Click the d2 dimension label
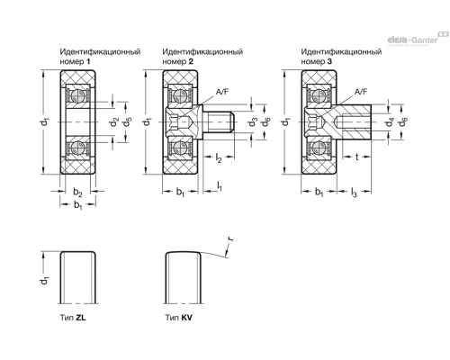click(x=114, y=122)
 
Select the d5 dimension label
click(x=128, y=122)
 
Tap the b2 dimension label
click(x=77, y=192)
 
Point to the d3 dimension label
click(x=254, y=122)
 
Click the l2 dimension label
click(x=219, y=157)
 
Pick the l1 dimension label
click(x=220, y=186)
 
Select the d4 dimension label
click(x=390, y=122)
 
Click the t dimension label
click(x=357, y=157)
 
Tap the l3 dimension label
click(x=354, y=193)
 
